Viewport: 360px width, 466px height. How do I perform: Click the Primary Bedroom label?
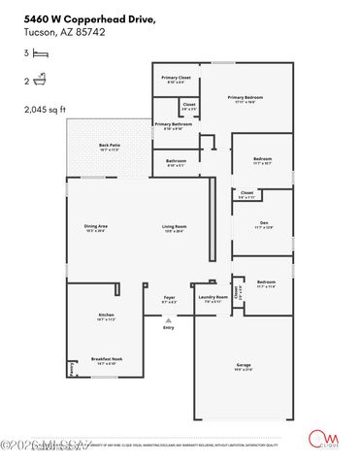(246, 97)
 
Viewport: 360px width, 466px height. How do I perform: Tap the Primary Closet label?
(176, 78)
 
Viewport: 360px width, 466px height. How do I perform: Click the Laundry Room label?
(213, 297)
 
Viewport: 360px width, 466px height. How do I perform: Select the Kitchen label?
(106, 316)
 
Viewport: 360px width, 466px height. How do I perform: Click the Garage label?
(244, 365)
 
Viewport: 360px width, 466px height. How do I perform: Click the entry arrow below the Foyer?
(168, 319)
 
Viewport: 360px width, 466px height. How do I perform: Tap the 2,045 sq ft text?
(45, 110)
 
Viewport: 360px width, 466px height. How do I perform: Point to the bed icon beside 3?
(40, 57)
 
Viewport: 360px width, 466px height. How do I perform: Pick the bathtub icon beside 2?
(40, 83)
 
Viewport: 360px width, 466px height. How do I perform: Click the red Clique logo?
(317, 440)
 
